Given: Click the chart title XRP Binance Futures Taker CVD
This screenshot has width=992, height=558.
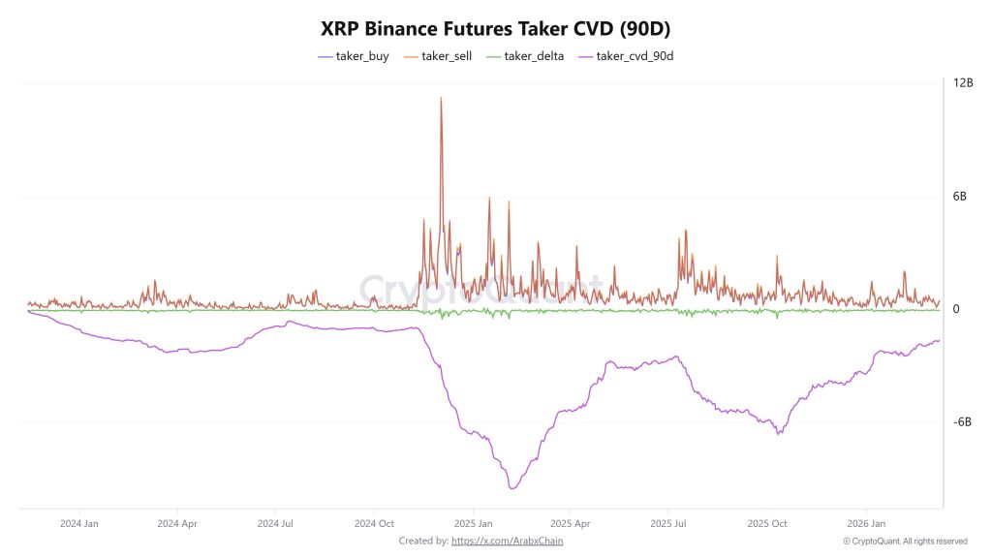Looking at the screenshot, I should (x=495, y=29).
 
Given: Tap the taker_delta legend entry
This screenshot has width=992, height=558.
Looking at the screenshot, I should (x=529, y=56).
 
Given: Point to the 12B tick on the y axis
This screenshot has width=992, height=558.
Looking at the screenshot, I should (x=963, y=83).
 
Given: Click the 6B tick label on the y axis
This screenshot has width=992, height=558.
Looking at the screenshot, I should (x=960, y=197).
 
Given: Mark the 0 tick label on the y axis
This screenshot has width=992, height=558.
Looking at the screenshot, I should (x=956, y=310).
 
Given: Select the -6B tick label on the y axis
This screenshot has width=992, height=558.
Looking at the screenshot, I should (x=962, y=422).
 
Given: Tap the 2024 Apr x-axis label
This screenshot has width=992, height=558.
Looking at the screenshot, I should (x=176, y=523).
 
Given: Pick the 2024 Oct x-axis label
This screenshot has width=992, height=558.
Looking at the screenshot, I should (x=374, y=523).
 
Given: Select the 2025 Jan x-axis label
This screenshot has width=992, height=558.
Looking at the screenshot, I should (x=472, y=523).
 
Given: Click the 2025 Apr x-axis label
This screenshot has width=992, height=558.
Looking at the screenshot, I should (x=571, y=523).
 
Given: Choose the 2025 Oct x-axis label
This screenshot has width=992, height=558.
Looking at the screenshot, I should (x=767, y=523).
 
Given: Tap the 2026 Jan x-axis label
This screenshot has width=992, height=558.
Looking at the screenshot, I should (x=866, y=523).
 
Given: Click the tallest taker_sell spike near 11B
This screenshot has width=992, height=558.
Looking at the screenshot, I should (x=441, y=98).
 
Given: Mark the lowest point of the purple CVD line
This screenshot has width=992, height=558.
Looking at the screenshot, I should (x=512, y=488).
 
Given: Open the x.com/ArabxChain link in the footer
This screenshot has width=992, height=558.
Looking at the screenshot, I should (x=507, y=541).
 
